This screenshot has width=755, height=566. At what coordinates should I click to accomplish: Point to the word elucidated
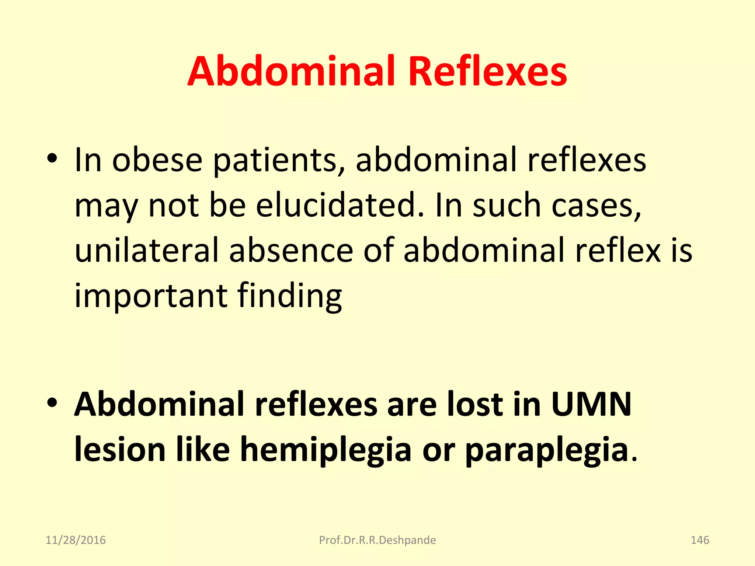340,205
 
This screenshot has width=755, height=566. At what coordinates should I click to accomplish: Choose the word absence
291,251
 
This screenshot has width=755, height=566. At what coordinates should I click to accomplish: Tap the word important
151,297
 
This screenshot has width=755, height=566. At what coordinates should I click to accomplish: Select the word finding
290,297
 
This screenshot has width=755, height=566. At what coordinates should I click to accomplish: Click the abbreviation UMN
591,404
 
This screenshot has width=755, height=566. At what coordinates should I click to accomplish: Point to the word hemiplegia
326,450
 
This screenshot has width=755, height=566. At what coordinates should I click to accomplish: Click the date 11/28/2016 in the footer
76,540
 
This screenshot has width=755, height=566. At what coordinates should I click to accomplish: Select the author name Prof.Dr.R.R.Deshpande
377,540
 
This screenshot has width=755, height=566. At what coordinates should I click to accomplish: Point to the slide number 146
700,540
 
